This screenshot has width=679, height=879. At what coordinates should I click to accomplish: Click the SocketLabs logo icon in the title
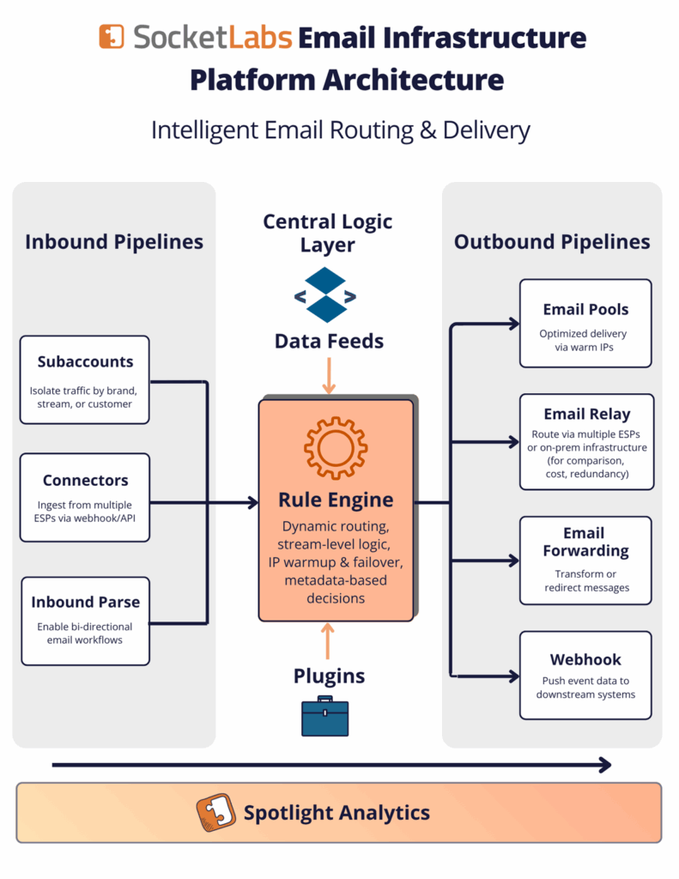coord(112,37)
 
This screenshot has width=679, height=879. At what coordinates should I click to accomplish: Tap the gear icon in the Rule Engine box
coord(336,448)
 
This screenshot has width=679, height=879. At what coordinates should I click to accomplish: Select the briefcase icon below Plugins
coord(325,716)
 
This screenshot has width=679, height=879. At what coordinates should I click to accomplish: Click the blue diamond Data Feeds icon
coord(325,295)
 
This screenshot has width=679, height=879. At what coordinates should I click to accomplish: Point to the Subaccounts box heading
coord(85,361)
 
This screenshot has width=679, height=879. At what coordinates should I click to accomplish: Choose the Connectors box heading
coord(85,481)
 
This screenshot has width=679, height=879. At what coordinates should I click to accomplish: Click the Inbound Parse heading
coord(85,602)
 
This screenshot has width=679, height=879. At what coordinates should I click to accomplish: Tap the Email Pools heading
coord(586,309)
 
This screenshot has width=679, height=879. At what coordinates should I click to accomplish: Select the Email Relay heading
coord(587,415)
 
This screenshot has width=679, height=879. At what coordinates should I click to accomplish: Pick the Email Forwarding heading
coord(586,542)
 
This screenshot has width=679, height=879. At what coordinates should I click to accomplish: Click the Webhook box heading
coord(586,660)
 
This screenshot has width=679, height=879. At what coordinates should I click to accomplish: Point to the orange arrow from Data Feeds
coord(329,376)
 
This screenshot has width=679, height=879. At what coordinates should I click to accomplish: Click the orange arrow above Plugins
coord(328,641)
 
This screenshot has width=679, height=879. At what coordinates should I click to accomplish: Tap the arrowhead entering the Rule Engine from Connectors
coord(253,503)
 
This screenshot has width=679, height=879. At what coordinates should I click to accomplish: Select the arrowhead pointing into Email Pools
coord(514,324)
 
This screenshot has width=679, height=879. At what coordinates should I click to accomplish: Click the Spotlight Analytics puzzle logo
coord(215,812)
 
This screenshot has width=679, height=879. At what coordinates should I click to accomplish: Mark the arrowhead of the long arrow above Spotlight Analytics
coord(605,765)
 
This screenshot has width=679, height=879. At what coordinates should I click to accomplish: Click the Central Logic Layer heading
coord(327,233)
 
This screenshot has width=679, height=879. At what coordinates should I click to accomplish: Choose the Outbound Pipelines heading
coord(552,241)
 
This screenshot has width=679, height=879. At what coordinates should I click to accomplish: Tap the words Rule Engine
coord(336,500)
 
